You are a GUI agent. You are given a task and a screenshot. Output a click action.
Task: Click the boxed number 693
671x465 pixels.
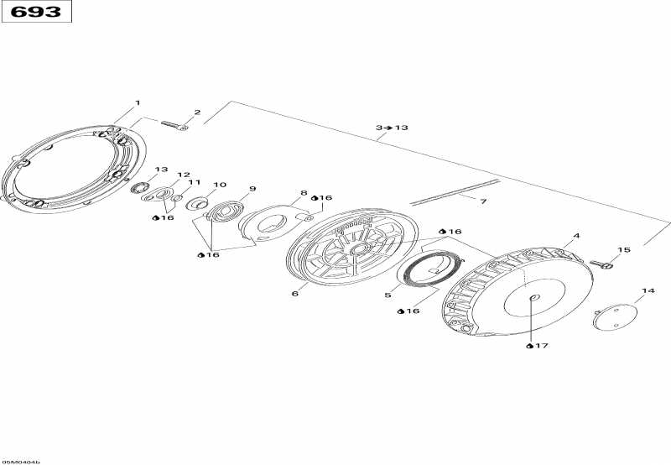coord(36,12)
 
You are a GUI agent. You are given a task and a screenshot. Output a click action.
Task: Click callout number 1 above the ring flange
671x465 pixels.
coord(138,102)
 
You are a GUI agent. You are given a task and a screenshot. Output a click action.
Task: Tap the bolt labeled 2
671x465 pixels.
coord(174,125)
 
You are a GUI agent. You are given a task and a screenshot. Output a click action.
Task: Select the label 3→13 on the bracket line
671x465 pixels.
coord(392,128)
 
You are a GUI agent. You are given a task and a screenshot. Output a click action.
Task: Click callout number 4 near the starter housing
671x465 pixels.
coord(576,236)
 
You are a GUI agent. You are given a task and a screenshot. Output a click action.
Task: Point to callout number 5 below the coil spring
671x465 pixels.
coord(388,295)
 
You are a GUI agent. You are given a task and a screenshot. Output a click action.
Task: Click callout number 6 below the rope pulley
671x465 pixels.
coord(295,294)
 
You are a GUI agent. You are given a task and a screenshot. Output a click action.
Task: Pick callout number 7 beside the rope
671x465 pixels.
coord(483,201)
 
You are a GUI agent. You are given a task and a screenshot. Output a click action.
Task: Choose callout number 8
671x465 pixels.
coord(304,193)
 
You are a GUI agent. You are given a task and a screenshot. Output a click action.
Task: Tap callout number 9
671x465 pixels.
coord(252,189)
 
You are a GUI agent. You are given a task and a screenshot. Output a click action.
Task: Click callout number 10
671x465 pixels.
coord(220,185)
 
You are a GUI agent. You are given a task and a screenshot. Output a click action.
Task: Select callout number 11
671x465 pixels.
coord(195,182)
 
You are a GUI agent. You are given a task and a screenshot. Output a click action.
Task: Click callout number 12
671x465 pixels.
coord(183,175)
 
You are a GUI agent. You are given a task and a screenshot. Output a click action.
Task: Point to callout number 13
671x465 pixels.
coord(161,170)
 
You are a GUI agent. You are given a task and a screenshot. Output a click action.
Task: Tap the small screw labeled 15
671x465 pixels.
coord(601,264)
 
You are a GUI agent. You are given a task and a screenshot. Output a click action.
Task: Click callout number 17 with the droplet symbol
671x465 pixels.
coord(538,346)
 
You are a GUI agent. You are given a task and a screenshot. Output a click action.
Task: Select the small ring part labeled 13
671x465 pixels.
coord(139,187)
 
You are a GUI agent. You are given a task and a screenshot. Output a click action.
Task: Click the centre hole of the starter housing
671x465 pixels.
coord(533,298)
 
